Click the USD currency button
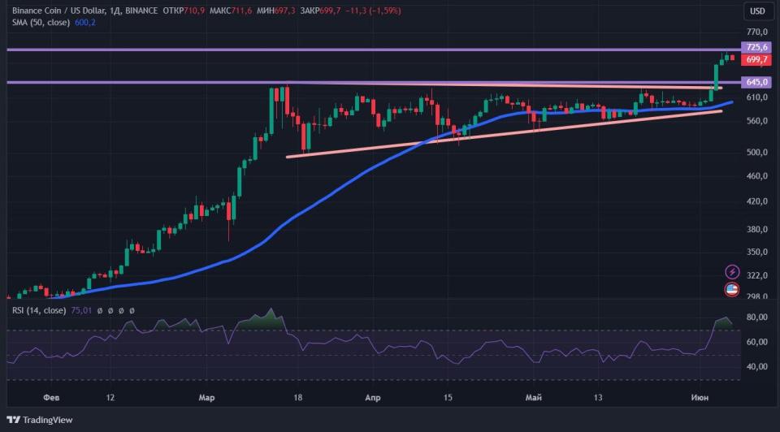pyautogui.click(x=757, y=11)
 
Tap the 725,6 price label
pyautogui.click(x=756, y=48)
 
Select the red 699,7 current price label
pyautogui.click(x=756, y=59)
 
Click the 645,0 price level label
pyautogui.click(x=756, y=82)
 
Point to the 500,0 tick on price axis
pyautogui.click(x=756, y=152)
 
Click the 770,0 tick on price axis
pyautogui.click(x=756, y=31)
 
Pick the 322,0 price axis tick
pyautogui.click(x=756, y=276)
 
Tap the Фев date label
pyautogui.click(x=51, y=398)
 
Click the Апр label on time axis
pyautogui.click(x=373, y=398)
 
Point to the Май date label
pyautogui.click(x=534, y=398)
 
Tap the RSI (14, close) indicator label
pyautogui.click(x=38, y=310)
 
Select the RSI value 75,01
pyautogui.click(x=82, y=310)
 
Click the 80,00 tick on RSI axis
pyautogui.click(x=756, y=317)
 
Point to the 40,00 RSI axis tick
pyautogui.click(x=756, y=367)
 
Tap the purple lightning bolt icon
pyautogui.click(x=731, y=271)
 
